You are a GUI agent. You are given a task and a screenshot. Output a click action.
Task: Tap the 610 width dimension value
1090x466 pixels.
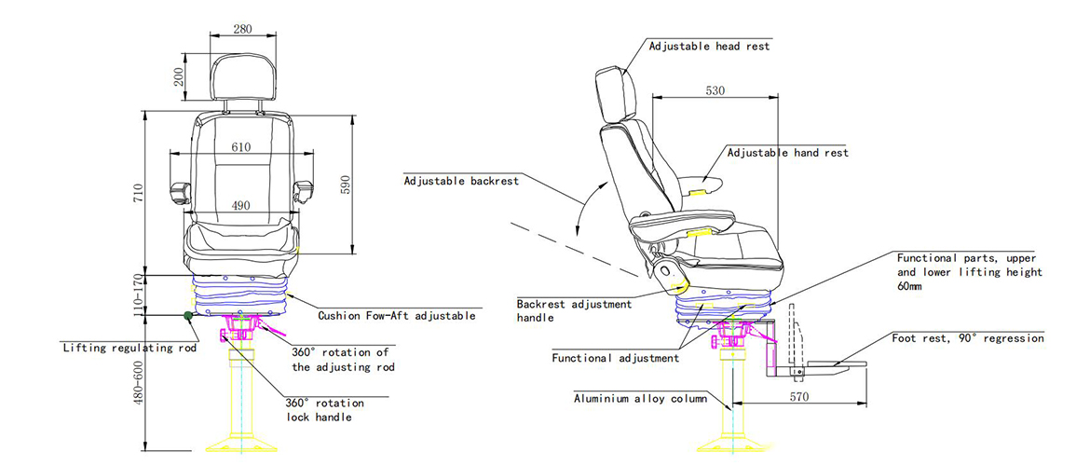coord(240,147)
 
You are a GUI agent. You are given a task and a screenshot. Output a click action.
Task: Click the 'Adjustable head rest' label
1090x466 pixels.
coord(709,46)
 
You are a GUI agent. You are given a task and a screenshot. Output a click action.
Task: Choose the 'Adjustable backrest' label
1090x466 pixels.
coord(461,181)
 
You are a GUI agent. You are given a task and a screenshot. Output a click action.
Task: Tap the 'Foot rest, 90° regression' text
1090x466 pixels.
coord(967,338)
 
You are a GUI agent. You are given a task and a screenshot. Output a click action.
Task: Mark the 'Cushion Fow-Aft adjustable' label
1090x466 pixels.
coord(397,316)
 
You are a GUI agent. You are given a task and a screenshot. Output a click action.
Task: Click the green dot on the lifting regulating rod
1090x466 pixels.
coord(189,316)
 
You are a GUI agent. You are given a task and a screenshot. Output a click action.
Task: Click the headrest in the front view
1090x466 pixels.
coord(243,77)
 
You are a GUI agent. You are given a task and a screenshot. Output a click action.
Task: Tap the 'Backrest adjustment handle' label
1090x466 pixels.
coord(574,310)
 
